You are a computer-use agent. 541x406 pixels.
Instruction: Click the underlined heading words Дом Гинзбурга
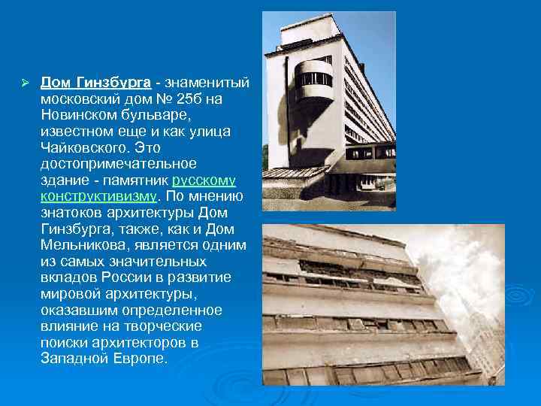(x=95, y=81)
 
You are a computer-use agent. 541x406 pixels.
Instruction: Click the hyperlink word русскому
(x=204, y=180)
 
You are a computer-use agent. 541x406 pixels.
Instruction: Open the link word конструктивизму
(x=98, y=196)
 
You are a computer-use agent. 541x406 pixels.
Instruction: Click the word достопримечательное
(x=118, y=164)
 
